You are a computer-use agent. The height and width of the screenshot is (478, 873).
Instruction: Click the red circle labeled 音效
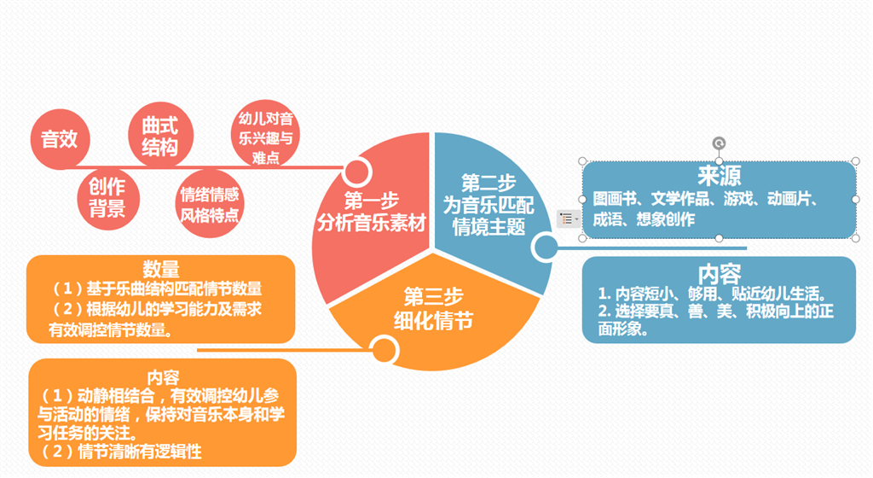(60, 139)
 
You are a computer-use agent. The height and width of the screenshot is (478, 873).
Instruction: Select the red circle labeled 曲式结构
(159, 137)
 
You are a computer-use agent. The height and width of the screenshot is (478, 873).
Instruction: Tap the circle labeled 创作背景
(107, 197)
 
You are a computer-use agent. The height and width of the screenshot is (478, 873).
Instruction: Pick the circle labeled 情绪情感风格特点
(210, 203)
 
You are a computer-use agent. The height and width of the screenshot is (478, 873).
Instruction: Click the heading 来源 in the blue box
(719, 176)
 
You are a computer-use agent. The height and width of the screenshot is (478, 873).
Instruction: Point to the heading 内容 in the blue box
(719, 274)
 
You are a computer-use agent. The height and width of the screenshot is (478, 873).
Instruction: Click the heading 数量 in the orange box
(161, 270)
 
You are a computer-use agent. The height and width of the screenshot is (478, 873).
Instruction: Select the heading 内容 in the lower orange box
(163, 376)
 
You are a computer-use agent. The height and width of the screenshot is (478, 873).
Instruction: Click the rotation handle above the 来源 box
(719, 143)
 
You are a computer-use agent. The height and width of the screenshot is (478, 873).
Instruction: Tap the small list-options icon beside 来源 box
(567, 219)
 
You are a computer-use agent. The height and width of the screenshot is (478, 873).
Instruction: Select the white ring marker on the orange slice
(384, 348)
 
